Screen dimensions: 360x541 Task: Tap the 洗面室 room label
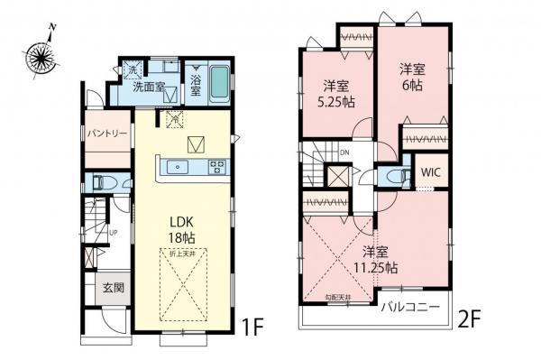coord(149,88)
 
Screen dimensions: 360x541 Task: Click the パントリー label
coord(106,133)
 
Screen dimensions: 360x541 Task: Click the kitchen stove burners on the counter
coord(217,165)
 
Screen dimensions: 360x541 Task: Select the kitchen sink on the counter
coord(177,165)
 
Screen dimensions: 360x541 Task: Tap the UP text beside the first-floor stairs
coord(112,232)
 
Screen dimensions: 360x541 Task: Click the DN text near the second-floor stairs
coord(344,152)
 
